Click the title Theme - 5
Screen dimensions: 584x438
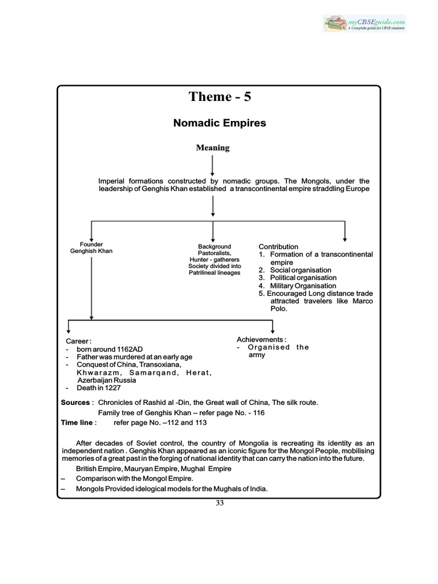click(x=220, y=97)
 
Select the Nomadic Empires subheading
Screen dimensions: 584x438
click(x=220, y=123)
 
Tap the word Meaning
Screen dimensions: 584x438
click(x=213, y=148)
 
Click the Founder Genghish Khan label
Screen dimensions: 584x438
click(x=91, y=248)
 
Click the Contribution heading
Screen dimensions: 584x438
click(x=278, y=246)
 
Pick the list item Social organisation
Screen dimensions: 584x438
click(x=295, y=270)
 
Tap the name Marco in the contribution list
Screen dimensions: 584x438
click(x=360, y=301)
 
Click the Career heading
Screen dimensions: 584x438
click(x=78, y=340)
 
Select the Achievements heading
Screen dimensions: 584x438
click(x=261, y=339)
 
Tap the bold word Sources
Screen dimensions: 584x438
click(x=75, y=403)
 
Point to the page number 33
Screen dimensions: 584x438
click(x=220, y=503)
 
